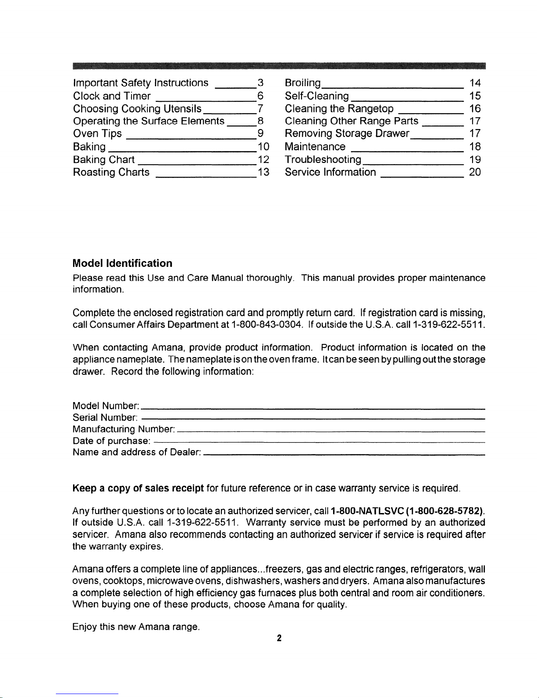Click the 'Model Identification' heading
[x=122, y=263]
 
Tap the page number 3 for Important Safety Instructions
[x=260, y=83]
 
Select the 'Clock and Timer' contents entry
[x=112, y=96]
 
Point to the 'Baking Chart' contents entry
[x=104, y=159]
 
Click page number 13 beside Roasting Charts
[x=263, y=172]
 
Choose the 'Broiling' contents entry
[x=303, y=83]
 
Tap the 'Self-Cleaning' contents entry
[x=317, y=96]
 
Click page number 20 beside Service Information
[x=475, y=172]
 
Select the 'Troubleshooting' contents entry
[x=323, y=159]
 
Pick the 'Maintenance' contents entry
[x=315, y=147]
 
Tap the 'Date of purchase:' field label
[x=112, y=441]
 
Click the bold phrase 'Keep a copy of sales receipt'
[x=138, y=488]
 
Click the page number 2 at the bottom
[x=279, y=639]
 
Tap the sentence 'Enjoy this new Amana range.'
[x=136, y=627]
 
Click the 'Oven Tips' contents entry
[x=97, y=134]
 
